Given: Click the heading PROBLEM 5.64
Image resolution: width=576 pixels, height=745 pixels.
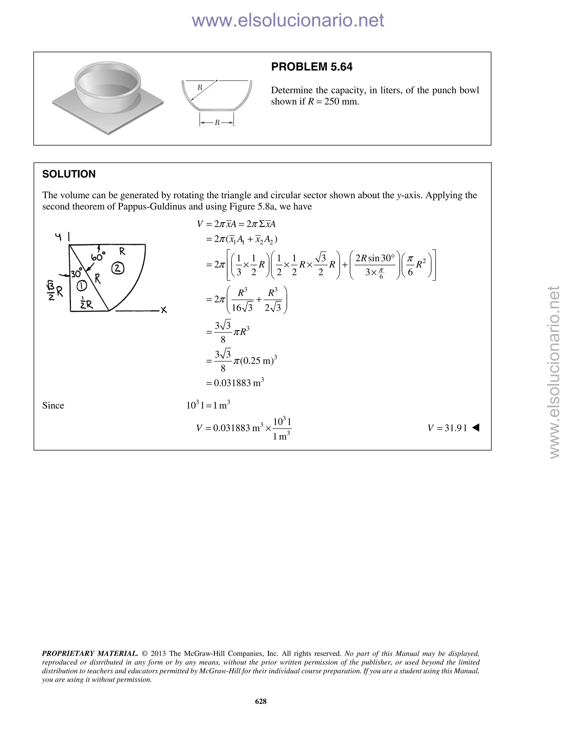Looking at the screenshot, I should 312,67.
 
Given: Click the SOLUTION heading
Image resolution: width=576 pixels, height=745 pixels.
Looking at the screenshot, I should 69,174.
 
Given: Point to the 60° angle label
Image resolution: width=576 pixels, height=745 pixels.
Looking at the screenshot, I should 98,256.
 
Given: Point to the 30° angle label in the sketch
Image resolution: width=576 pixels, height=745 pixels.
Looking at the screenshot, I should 76,274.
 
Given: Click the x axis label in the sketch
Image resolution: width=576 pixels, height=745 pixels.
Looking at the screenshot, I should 164,310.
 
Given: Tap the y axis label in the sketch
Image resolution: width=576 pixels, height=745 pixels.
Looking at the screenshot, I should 58,236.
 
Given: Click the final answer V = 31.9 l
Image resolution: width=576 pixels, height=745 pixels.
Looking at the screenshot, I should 447,428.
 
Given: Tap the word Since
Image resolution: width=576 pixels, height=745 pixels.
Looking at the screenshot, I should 53,406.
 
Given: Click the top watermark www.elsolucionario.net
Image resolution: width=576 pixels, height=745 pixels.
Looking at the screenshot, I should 288,21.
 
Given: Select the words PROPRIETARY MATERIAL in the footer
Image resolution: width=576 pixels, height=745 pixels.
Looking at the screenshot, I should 90,654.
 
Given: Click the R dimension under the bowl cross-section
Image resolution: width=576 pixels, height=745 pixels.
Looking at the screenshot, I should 217,123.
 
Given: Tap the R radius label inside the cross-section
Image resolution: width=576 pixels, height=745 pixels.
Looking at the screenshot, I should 200,88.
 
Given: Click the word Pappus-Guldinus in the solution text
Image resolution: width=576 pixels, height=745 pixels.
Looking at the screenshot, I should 150,206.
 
